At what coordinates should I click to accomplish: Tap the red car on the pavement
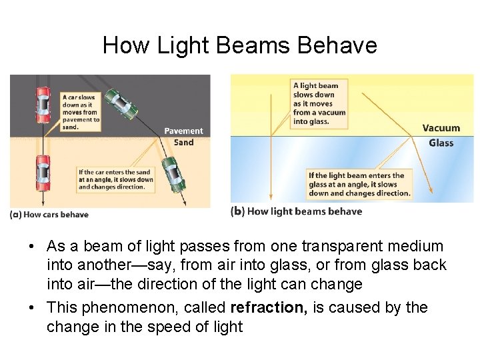pos(43,105)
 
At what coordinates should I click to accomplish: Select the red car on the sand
pos(43,171)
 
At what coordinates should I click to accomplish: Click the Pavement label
pos(183,131)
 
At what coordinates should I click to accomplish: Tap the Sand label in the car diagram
pos(183,142)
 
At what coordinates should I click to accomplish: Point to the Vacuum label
pos(441,128)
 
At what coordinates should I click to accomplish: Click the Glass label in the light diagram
pos(441,143)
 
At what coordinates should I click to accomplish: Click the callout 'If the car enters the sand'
pos(115,179)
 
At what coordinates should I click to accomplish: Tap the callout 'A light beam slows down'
pos(319,103)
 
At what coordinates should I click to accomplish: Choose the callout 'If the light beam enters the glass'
pos(359,185)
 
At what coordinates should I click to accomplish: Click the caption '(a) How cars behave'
pos(49,215)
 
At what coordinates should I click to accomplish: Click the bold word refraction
pos(265,307)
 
